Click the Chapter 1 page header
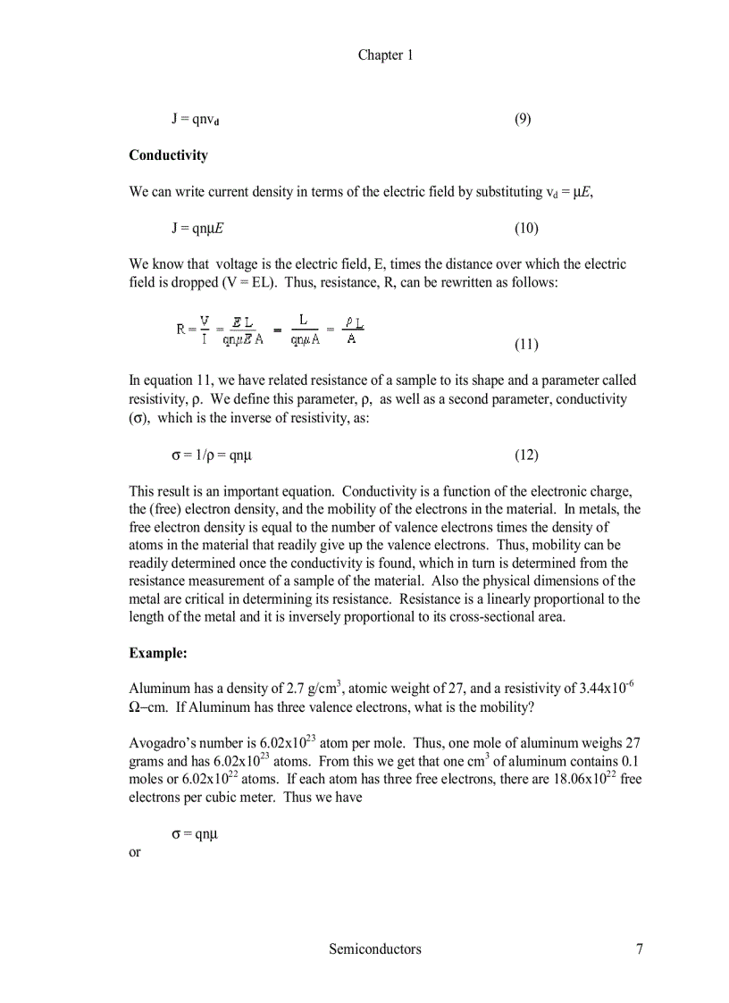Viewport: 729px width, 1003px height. (x=385, y=55)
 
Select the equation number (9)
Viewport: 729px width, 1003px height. (x=523, y=119)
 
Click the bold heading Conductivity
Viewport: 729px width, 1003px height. (x=168, y=155)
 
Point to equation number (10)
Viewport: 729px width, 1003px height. (x=526, y=229)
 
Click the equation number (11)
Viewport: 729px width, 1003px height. (x=526, y=345)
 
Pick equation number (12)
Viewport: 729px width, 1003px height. (x=526, y=456)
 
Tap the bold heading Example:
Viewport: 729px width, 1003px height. (x=157, y=654)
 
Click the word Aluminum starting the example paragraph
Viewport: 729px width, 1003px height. (x=156, y=690)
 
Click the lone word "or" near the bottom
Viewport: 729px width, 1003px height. (x=135, y=851)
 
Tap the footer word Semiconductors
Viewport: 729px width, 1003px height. (x=374, y=949)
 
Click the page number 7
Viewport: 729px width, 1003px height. (x=639, y=949)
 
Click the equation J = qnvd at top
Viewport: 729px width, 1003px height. (x=196, y=120)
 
